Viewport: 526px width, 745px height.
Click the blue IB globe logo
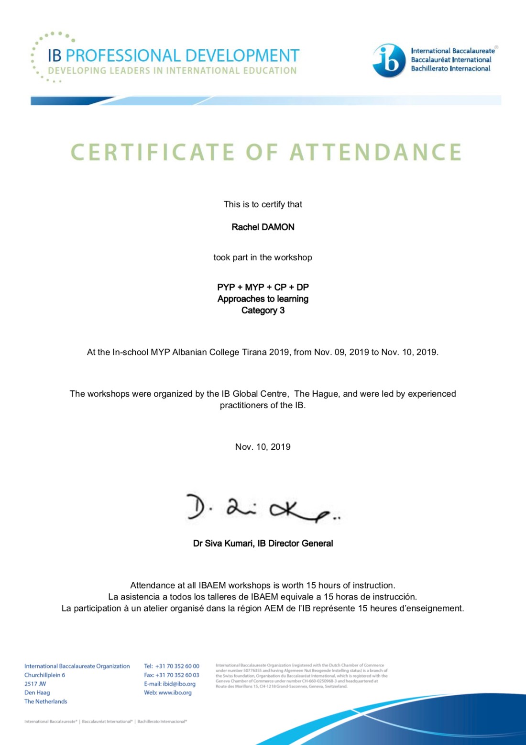[389, 61]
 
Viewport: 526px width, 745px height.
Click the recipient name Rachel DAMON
[263, 227]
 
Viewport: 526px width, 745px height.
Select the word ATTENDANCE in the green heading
[376, 152]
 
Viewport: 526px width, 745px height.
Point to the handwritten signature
[263, 509]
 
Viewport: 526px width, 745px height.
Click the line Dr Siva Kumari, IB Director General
[263, 544]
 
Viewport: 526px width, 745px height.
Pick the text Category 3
[263, 311]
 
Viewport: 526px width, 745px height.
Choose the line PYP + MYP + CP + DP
[263, 287]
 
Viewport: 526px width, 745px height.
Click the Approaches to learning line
[263, 299]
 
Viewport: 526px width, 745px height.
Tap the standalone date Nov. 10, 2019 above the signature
[263, 447]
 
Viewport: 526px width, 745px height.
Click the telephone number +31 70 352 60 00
[177, 666]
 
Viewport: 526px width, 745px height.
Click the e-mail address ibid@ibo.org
[179, 684]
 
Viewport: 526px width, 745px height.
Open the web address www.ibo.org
[175, 692]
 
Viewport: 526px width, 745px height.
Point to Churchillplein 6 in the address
[45, 675]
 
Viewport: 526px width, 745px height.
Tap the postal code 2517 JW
[35, 684]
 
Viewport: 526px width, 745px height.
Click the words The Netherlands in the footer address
[46, 701]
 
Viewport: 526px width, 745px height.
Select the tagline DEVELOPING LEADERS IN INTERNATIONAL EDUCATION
[172, 71]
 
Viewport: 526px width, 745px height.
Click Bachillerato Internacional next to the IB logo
[450, 68]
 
